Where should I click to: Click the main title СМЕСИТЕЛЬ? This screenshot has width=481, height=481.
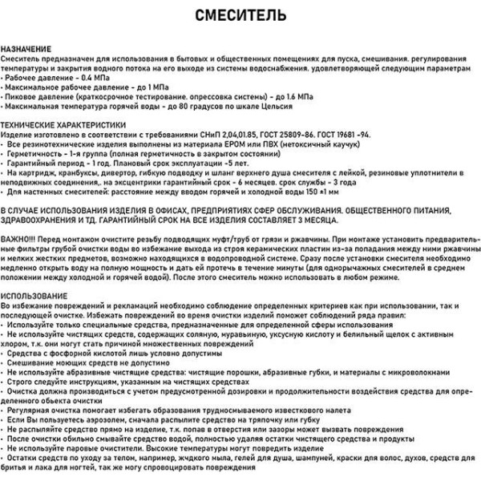tap(240, 16)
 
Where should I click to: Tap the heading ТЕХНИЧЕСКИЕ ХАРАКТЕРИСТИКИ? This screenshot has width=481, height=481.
tap(63, 126)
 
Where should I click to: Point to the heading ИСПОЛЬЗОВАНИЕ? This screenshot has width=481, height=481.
tap(34, 296)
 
